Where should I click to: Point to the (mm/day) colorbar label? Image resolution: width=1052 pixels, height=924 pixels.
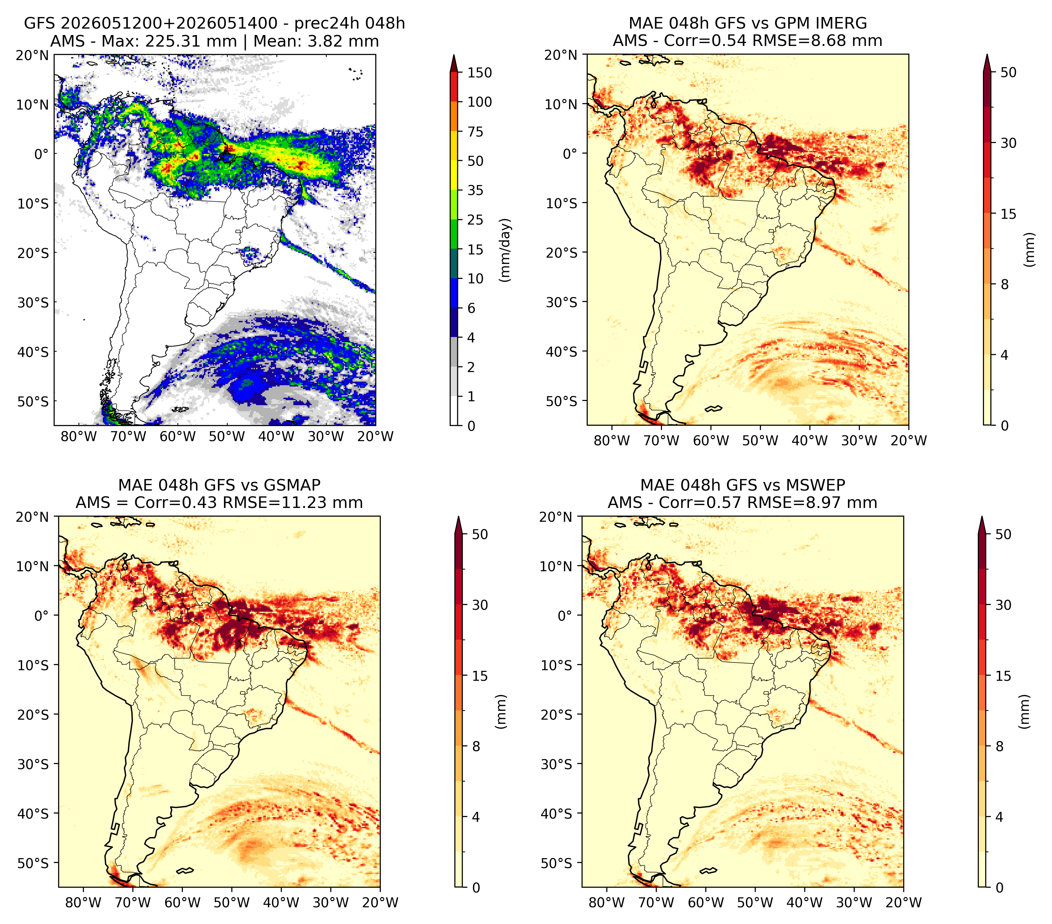pyautogui.click(x=506, y=250)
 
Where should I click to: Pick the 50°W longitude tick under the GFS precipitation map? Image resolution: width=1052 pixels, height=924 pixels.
pyautogui.click(x=227, y=437)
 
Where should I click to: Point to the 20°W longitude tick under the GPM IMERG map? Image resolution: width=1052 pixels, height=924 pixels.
pyautogui.click(x=909, y=441)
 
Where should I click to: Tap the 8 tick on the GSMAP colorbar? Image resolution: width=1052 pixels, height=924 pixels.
pyautogui.click(x=476, y=747)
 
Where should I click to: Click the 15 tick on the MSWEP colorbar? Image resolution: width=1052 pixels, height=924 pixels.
pyautogui.click(x=1003, y=676)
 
